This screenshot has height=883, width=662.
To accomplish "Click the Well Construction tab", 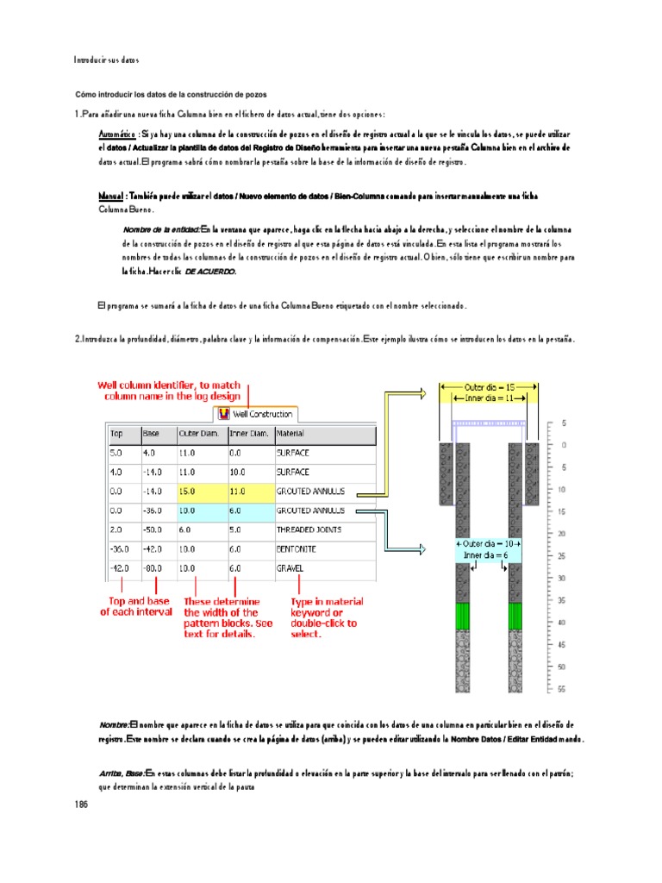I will (256, 414).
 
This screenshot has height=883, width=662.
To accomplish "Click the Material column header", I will (290, 433).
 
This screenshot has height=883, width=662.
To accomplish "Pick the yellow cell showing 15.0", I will (200, 491).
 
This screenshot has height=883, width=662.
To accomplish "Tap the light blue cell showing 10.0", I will (200, 510).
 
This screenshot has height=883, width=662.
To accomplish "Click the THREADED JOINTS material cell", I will (309, 529).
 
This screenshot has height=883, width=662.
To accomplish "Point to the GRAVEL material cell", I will (291, 569).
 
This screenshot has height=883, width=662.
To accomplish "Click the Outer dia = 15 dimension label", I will (490, 387).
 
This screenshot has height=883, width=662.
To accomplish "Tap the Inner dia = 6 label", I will (490, 556).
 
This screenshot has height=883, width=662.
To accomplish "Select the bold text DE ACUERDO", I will (209, 272).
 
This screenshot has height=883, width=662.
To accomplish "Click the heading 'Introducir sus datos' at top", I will (106, 60).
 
